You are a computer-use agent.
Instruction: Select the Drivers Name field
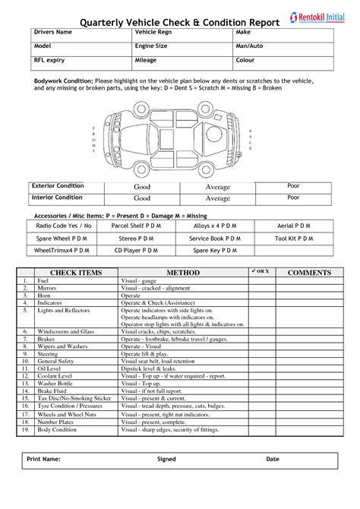(80, 33)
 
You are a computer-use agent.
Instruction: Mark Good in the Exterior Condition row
(142, 187)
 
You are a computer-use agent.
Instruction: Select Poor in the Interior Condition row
(293, 198)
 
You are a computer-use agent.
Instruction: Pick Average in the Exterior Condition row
(217, 187)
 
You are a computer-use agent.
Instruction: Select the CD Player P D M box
(136, 249)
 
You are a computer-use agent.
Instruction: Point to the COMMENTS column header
(310, 272)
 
